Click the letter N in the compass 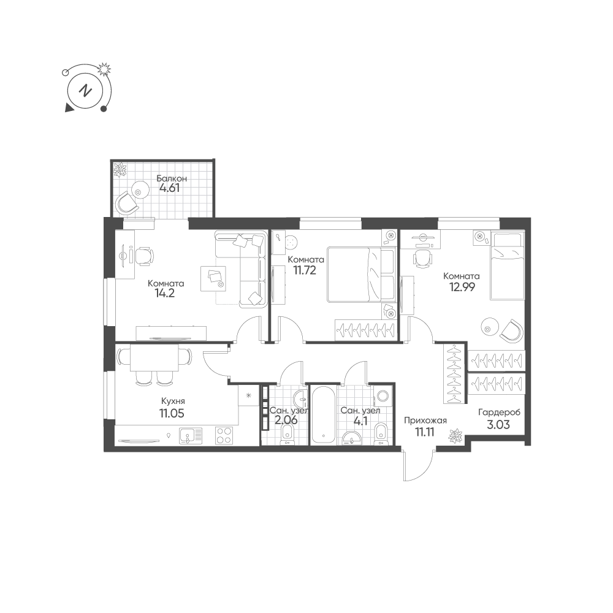[86, 90]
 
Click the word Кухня [172, 402]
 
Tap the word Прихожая [425, 420]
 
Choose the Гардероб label [500, 412]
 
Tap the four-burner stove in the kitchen [224, 436]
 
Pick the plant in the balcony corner [120, 169]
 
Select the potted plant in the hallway [455, 436]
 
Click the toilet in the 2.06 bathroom [287, 434]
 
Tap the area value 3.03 [498, 423]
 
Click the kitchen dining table [153, 359]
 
